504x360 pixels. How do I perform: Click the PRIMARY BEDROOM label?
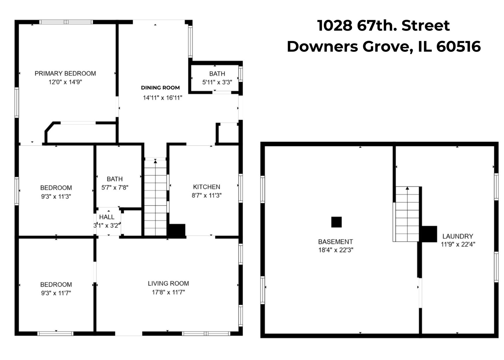click(65, 74)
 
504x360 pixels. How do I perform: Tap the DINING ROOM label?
click(160, 88)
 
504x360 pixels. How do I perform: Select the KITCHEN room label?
click(207, 187)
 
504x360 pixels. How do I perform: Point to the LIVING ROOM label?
click(168, 283)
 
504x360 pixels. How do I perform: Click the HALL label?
click(107, 217)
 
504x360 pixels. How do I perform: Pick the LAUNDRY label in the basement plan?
click(458, 236)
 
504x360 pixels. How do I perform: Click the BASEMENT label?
click(335, 242)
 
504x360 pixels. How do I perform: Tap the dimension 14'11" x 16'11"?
click(162, 98)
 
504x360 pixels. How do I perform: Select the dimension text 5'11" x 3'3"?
click(217, 82)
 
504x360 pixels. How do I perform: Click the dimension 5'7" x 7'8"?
click(115, 188)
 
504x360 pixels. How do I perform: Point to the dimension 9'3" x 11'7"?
click(56, 293)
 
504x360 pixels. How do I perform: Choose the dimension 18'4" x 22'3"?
click(336, 250)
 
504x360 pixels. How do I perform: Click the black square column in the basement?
click(336, 222)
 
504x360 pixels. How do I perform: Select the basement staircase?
click(407, 214)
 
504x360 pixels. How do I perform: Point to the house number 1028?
click(335, 25)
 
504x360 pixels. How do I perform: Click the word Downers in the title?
click(322, 47)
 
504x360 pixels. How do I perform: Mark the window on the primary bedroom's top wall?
click(66, 22)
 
